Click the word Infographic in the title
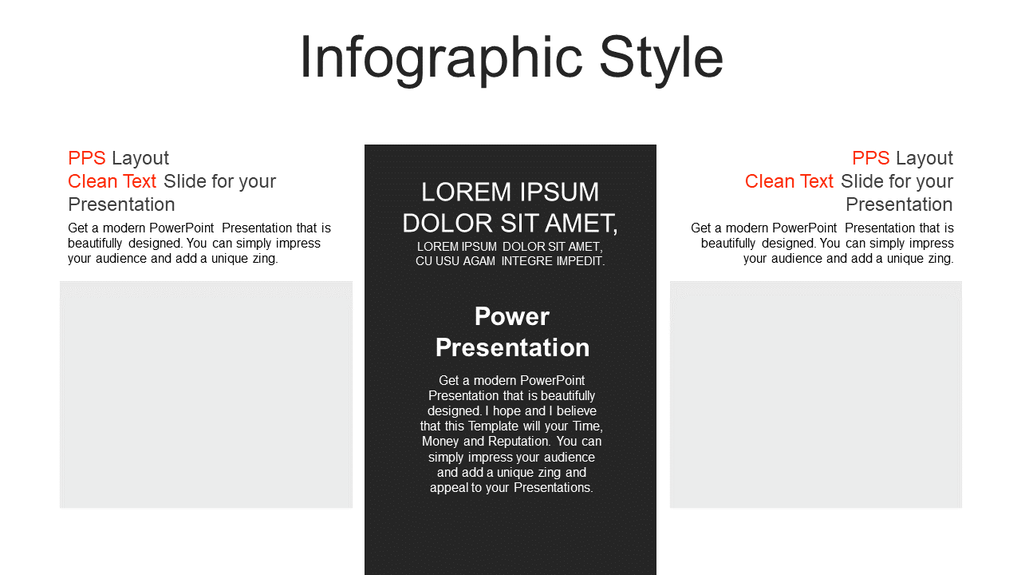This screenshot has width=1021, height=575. pos(441,59)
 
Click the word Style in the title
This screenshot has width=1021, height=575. pos(661,59)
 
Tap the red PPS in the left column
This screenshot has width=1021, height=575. pos(87,158)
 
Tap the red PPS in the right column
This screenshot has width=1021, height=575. pos(870,158)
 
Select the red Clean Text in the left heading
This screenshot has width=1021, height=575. pos(112,181)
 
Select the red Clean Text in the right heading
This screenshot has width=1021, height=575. pos(789,181)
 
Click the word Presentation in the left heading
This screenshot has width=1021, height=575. pos(121,204)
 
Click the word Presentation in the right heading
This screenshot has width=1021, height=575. pos(899,204)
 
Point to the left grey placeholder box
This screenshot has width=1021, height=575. pos(206,395)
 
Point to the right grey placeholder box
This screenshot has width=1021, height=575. pos(816,395)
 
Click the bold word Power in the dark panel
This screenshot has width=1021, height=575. pos(512,316)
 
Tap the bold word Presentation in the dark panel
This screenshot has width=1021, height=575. pos(512,347)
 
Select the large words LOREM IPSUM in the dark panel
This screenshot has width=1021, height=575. pos(510,192)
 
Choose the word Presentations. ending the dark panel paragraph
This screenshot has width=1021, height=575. pos(554,488)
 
